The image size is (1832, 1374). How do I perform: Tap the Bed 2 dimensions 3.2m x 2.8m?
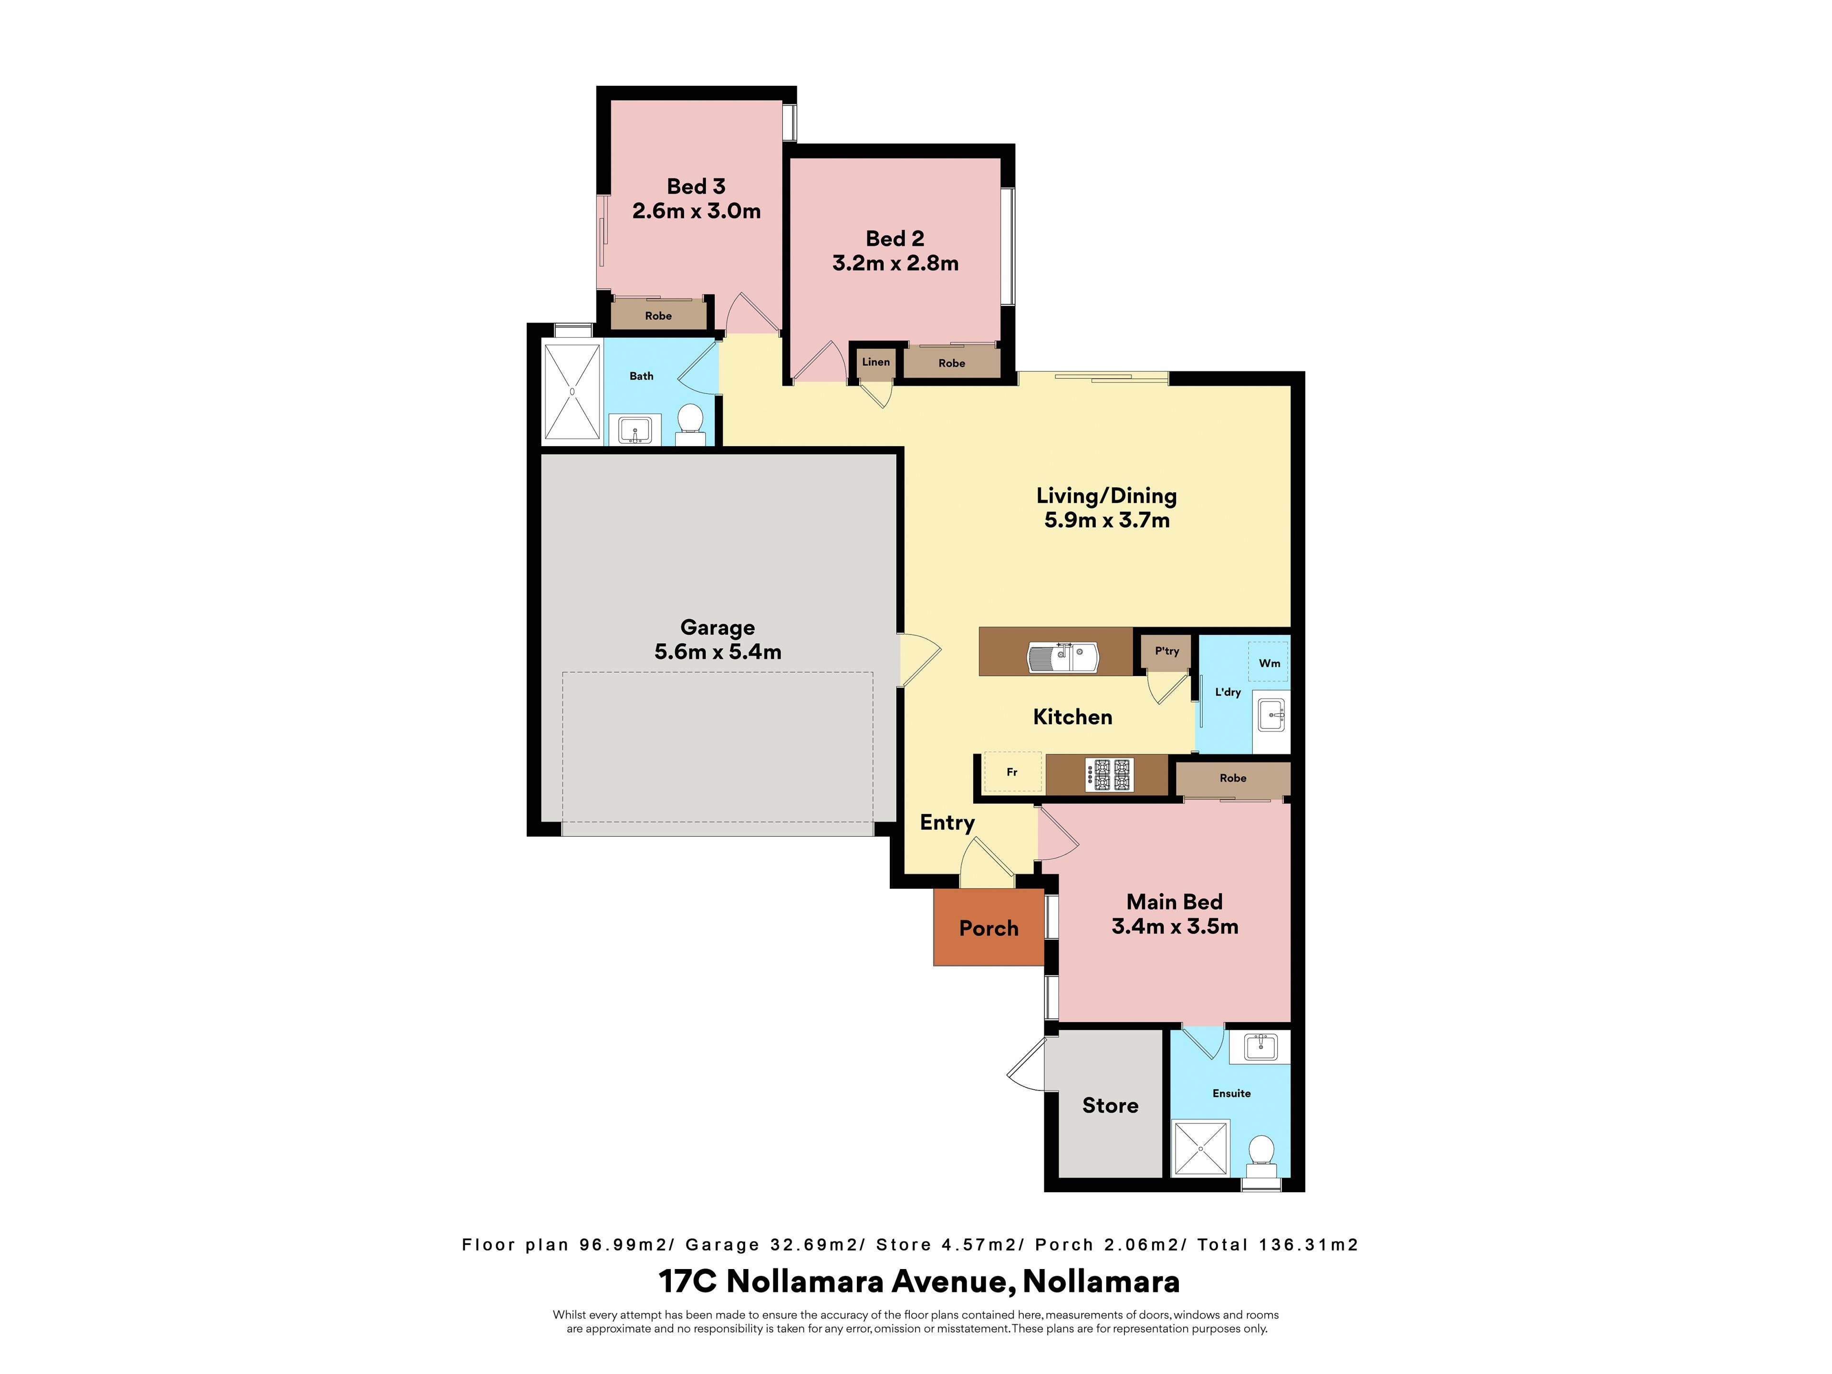(895, 263)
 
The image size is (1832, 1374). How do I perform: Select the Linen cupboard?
(875, 362)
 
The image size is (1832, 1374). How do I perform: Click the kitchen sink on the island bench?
(1062, 657)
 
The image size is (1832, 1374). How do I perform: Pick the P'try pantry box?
(1166, 652)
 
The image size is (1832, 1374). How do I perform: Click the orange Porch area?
(988, 927)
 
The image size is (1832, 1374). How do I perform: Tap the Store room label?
(1110, 1106)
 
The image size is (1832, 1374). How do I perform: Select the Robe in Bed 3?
(658, 315)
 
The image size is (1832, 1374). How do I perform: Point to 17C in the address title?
(688, 1282)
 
